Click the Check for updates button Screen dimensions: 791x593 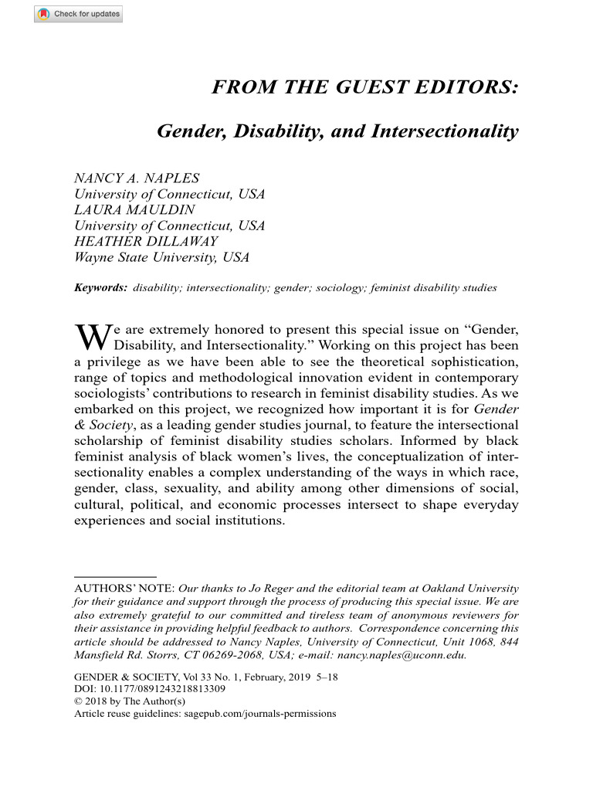[78, 14]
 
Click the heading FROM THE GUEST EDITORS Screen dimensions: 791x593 [365, 87]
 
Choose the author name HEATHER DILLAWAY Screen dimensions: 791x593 [146, 242]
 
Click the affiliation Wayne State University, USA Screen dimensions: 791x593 [161, 258]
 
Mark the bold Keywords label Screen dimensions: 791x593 [100, 288]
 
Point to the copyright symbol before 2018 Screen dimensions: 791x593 [78, 701]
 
